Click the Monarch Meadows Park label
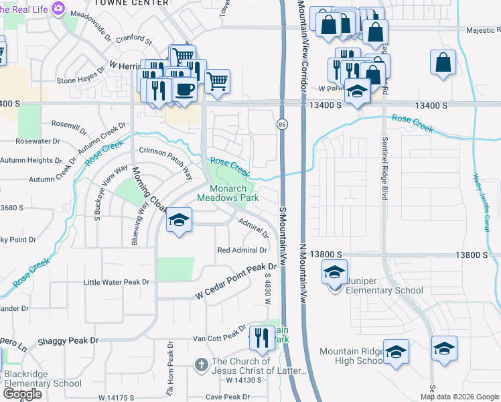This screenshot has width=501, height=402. (228, 193)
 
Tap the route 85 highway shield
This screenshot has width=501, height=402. (281, 124)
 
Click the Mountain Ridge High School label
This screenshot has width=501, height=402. (351, 356)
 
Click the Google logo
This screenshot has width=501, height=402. (22, 394)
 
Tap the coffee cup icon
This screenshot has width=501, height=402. (185, 89)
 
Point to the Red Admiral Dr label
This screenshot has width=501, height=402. (242, 250)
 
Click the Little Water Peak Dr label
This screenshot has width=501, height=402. (117, 282)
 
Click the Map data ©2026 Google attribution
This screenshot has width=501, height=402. (459, 397)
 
